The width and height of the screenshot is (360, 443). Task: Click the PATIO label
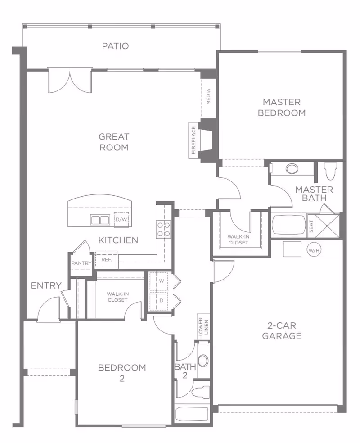click(x=115, y=46)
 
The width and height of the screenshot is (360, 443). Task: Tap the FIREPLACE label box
click(x=193, y=140)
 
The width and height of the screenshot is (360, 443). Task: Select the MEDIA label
click(x=208, y=96)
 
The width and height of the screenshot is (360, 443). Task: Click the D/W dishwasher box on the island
click(x=121, y=220)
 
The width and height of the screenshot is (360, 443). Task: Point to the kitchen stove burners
click(x=163, y=229)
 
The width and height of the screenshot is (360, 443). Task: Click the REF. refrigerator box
click(x=106, y=260)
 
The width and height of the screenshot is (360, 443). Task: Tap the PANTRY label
click(x=81, y=263)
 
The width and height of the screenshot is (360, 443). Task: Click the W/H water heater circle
click(x=313, y=249)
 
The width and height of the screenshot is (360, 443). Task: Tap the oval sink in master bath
click(x=292, y=169)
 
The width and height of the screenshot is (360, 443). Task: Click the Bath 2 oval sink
click(x=203, y=361)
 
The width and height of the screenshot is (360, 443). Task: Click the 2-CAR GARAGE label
click(x=282, y=330)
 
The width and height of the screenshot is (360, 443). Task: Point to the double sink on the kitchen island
click(x=100, y=220)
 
